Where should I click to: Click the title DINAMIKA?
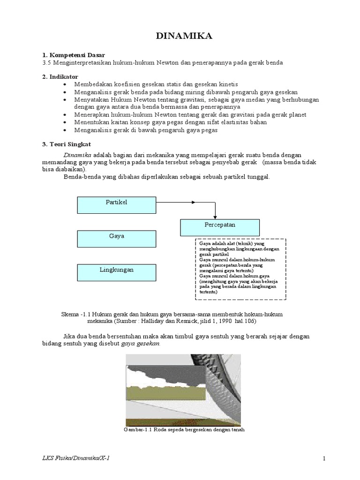180,37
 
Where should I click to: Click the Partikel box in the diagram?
116,202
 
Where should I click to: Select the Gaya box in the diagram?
116,237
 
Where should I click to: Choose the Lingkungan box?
116,270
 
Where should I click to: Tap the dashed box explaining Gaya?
240,269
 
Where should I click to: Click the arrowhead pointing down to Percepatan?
215,216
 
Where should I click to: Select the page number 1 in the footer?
323,458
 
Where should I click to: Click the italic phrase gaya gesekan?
141,343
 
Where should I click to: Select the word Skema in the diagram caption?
70,315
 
